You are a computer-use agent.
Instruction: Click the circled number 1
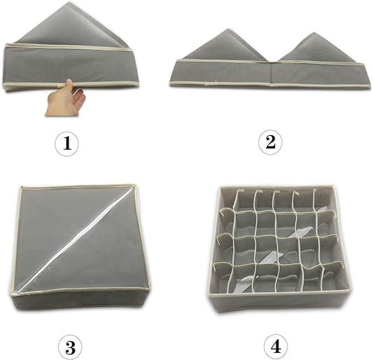(67, 144)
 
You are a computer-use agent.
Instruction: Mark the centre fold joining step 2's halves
(271, 72)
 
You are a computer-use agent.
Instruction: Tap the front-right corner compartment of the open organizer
(332, 277)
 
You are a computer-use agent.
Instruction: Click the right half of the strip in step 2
(320, 74)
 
